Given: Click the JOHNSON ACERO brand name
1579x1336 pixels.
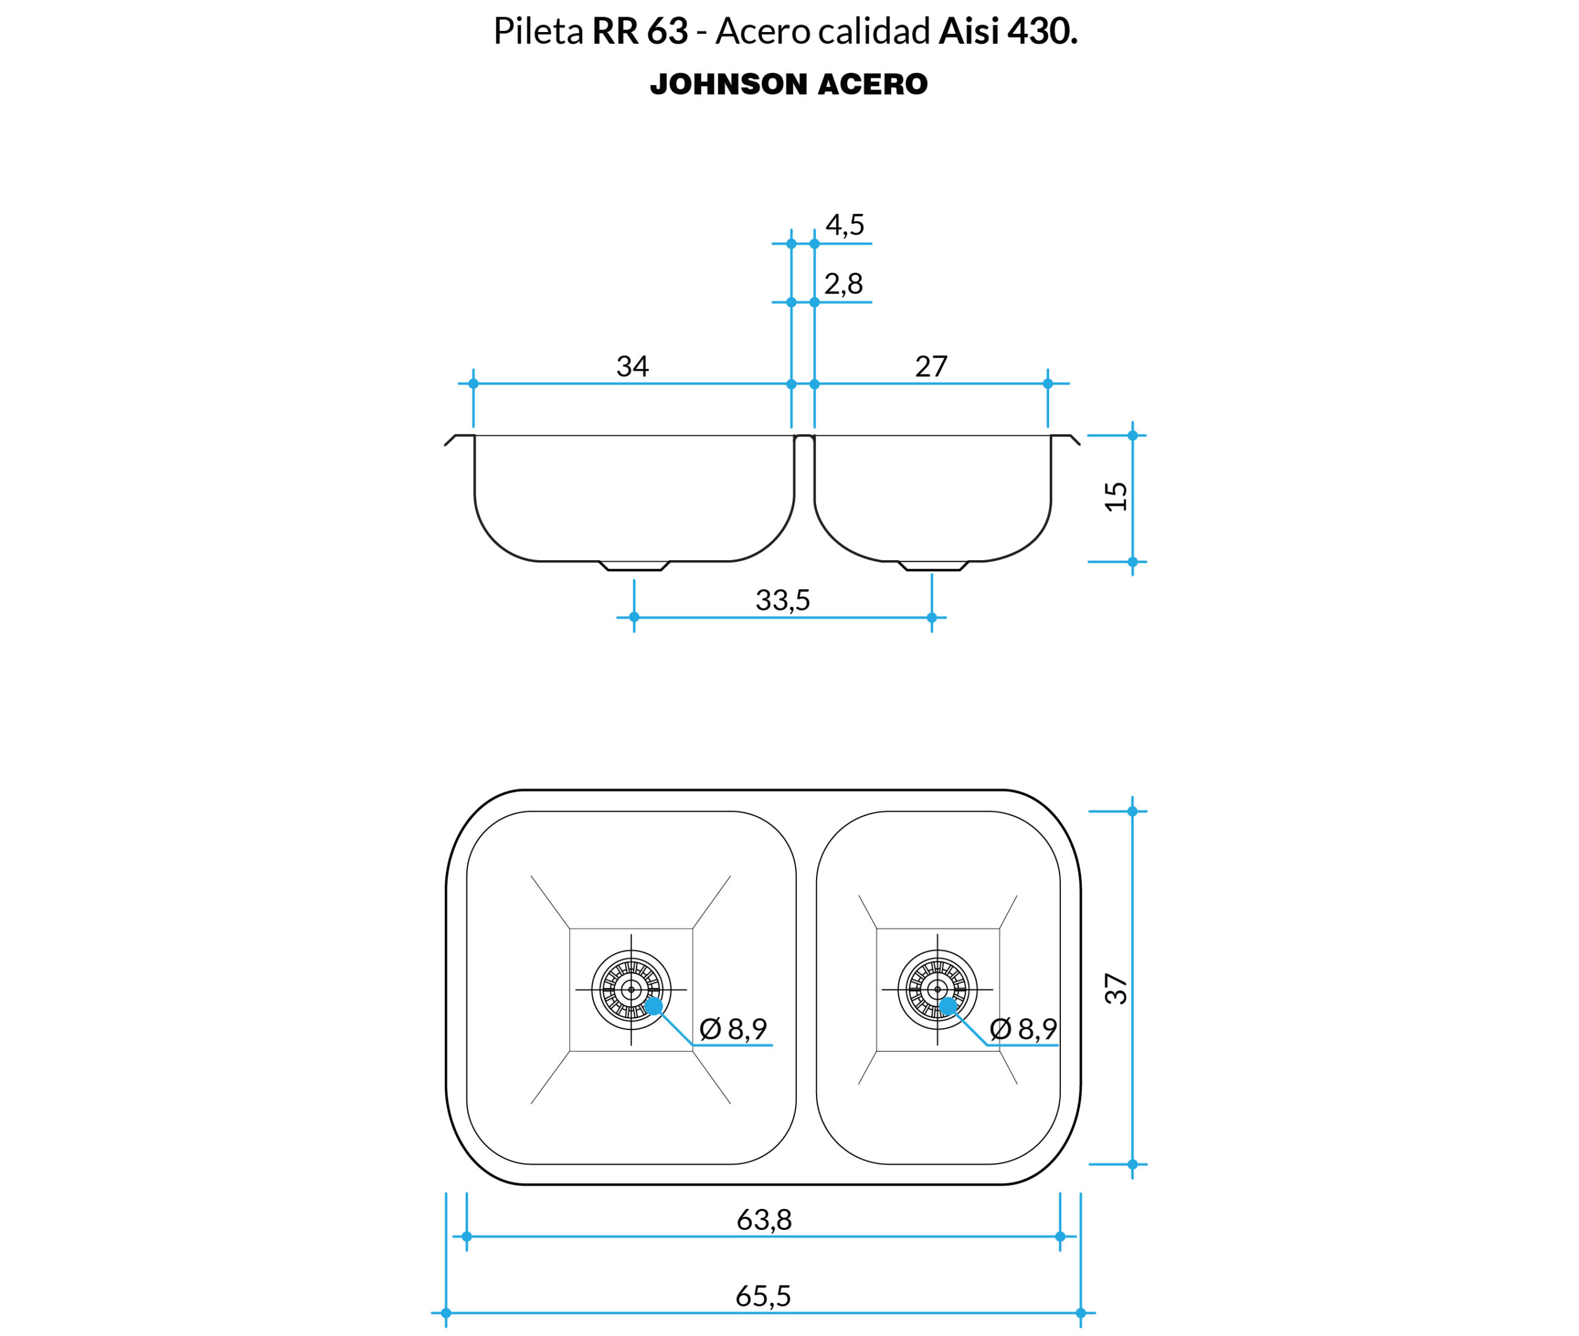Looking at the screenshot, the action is [x=788, y=84].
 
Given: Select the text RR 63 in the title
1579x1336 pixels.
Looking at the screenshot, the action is [x=640, y=31].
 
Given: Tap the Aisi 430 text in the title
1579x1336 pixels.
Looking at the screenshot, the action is [x=1008, y=31].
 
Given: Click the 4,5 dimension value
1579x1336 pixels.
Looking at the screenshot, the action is [x=844, y=225].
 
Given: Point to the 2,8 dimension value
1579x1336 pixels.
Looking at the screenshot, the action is [x=844, y=284].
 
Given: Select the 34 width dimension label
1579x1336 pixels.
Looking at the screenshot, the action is [x=632, y=366].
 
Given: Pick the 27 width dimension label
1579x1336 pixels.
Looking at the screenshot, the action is [x=931, y=366].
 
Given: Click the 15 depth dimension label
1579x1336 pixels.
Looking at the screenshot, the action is [x=1116, y=497].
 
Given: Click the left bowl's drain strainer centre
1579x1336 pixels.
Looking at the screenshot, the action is [x=631, y=990].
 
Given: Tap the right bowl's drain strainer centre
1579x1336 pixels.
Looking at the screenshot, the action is [x=938, y=990].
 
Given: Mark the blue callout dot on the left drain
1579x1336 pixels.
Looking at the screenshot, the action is [x=654, y=1007].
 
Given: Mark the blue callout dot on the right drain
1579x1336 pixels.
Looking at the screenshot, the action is [x=947, y=1007].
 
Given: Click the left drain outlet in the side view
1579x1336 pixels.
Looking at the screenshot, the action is [x=634, y=566].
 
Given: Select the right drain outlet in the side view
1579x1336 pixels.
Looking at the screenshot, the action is [x=933, y=566].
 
